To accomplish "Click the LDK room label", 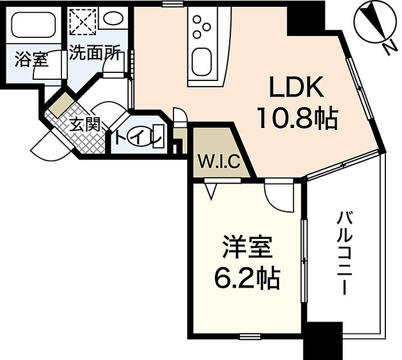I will [298, 90].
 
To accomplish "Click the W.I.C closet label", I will [219, 162].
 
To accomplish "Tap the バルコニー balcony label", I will [345, 253].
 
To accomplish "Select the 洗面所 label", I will [94, 54].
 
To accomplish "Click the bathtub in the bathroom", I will [35, 26].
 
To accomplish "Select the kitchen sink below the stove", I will [202, 63].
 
